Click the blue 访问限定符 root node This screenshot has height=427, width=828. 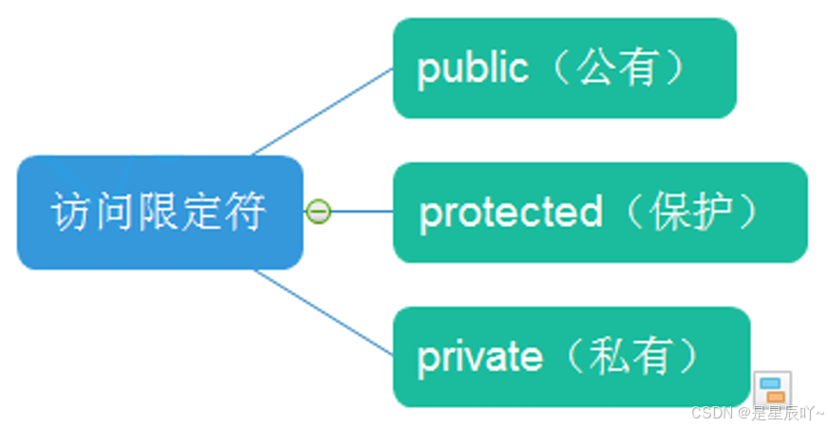[160, 212]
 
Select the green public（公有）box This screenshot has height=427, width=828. [564, 68]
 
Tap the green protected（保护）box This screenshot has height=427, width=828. [599, 213]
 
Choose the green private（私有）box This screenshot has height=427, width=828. [571, 357]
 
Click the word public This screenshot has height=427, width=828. [472, 69]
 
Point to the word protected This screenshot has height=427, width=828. [510, 213]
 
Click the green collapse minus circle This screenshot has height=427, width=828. [319, 212]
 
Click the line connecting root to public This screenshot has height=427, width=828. [323, 111]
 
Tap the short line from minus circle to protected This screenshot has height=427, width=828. [362, 212]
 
